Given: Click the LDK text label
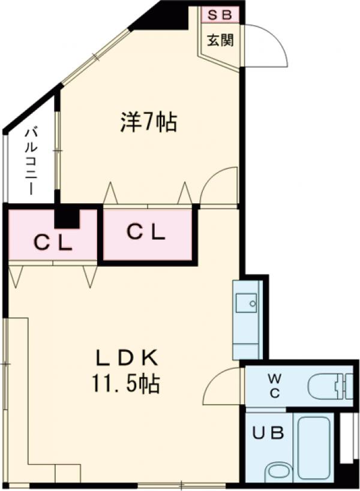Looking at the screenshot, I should pos(127,359).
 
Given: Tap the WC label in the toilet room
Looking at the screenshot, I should pos(274,385).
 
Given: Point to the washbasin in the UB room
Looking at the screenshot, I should pos(278,472).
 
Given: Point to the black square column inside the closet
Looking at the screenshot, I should pos(67,217).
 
